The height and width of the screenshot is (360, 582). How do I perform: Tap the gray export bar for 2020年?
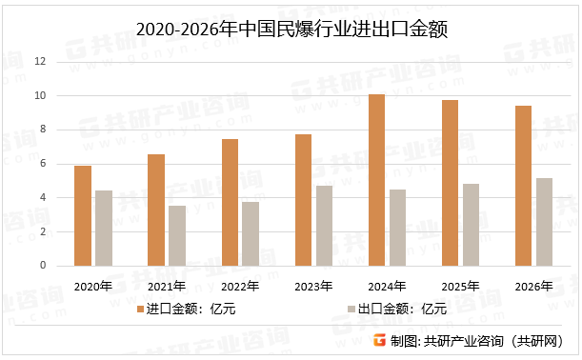pos(104,229)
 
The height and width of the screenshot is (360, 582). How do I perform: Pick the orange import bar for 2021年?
pos(156,210)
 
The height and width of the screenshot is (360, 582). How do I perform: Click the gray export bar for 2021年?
pos(177,236)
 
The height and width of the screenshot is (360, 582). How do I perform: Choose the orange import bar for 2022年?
pos(230,203)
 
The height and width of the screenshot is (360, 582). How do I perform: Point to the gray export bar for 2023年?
pos(324,226)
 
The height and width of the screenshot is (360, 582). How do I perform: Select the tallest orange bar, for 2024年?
pos(376,180)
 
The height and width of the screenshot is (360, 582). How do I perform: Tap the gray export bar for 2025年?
pos(471,225)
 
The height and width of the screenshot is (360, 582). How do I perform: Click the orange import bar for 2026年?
pos(523,186)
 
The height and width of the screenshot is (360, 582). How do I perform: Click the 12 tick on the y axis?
pos(40,62)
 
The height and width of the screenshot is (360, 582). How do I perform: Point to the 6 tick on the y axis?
pos(43,164)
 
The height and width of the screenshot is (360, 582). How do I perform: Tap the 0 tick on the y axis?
pos(43,266)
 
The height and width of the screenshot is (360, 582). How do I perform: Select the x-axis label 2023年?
pos(313,286)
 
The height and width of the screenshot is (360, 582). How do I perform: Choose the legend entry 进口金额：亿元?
pos(191,310)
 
